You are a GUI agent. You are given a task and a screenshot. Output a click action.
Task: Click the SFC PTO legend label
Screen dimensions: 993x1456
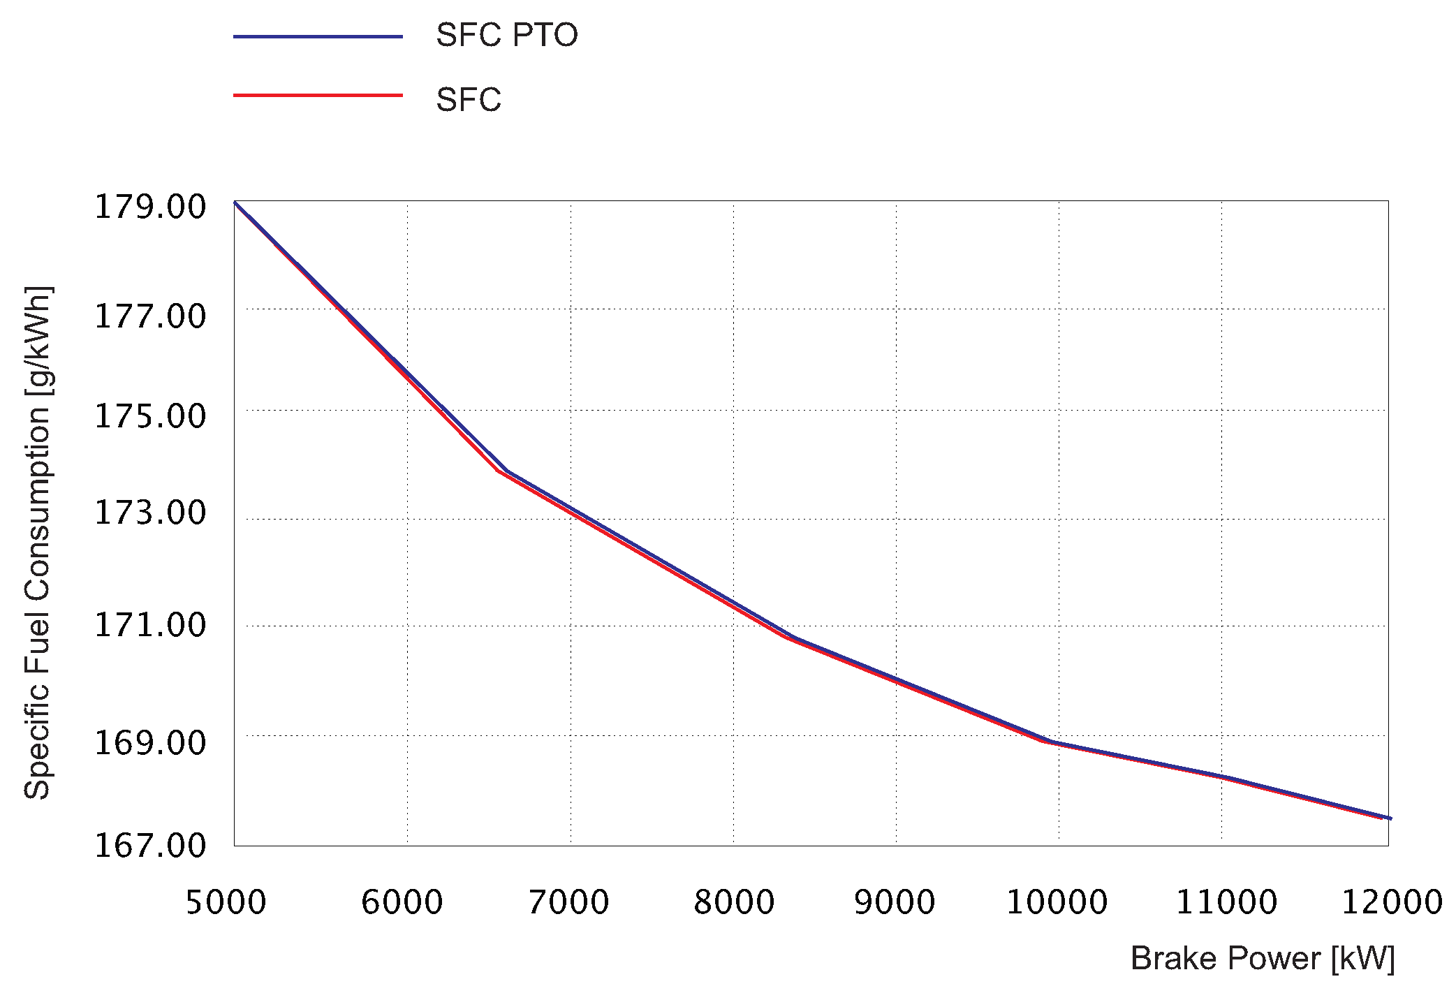506,36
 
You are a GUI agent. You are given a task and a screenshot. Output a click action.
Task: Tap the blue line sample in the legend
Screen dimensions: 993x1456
318,36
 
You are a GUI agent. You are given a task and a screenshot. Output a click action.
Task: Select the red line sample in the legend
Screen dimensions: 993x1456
318,96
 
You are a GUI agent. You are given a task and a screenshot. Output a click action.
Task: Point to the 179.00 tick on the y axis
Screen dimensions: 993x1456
150,207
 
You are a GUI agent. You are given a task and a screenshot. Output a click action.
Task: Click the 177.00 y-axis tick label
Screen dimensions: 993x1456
150,316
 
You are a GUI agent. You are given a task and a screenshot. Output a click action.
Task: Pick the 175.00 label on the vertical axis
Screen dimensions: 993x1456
150,417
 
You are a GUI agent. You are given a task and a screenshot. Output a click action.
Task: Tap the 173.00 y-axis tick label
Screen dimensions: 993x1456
150,513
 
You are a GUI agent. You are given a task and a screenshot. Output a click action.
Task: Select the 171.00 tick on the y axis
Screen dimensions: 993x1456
150,625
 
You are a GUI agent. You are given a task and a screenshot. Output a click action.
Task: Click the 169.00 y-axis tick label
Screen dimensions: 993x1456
150,743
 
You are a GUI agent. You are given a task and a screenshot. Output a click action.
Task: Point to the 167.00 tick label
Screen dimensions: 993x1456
150,846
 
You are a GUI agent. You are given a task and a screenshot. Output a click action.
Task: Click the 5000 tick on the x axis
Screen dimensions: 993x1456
226,902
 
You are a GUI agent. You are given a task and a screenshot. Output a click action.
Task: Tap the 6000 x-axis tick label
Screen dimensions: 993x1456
402,902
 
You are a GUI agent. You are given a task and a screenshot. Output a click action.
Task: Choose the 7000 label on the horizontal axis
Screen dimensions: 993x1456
568,902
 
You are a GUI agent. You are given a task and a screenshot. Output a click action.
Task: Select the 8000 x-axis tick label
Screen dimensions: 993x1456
734,902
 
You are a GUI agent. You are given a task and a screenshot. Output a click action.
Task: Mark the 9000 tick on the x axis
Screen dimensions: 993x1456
895,902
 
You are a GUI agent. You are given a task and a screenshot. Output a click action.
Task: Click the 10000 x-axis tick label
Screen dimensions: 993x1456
1057,902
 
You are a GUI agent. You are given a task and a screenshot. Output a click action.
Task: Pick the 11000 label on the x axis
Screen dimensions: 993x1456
1227,902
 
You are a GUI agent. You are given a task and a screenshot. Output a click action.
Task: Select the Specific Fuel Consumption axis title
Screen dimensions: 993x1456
38,543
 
